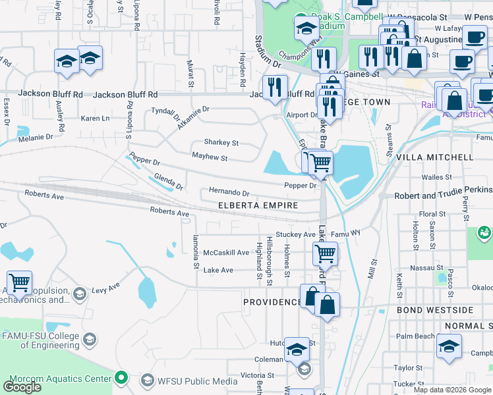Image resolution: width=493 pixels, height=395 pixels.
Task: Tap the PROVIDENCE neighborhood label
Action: point(272,302)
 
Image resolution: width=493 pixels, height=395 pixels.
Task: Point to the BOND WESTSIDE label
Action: point(435,309)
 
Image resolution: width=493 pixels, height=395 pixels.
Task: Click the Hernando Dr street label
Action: point(229,194)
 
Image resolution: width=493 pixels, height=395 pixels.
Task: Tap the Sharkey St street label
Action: point(221,143)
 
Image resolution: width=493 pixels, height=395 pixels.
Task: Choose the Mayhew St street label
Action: point(210,158)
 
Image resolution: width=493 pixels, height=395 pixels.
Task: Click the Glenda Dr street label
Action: point(167,181)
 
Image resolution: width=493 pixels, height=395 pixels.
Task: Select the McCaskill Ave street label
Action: point(226,253)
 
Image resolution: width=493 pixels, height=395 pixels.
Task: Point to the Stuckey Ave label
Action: point(296,234)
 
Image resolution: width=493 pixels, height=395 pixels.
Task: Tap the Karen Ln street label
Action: point(95,118)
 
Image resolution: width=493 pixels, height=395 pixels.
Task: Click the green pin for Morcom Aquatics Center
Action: point(120,379)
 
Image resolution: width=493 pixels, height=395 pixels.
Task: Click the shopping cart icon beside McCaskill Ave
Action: point(326,253)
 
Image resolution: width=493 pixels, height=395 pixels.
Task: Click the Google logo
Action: point(22,387)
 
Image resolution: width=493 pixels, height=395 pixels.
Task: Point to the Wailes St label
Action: point(436,178)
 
